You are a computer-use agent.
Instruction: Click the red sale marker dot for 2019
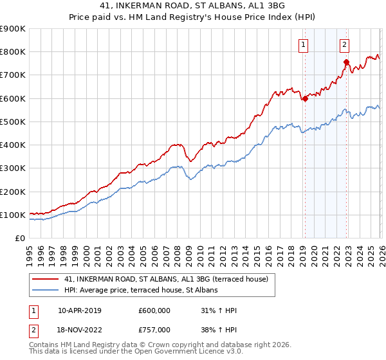click(x=304, y=99)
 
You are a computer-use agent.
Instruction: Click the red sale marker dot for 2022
click(x=346, y=62)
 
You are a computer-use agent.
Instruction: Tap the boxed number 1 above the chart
click(x=303, y=44)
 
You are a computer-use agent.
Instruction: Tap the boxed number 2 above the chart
click(x=345, y=44)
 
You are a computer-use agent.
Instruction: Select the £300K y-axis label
click(x=13, y=168)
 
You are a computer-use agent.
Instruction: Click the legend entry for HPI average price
click(x=141, y=291)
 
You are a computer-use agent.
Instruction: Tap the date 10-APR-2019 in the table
click(x=79, y=310)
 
